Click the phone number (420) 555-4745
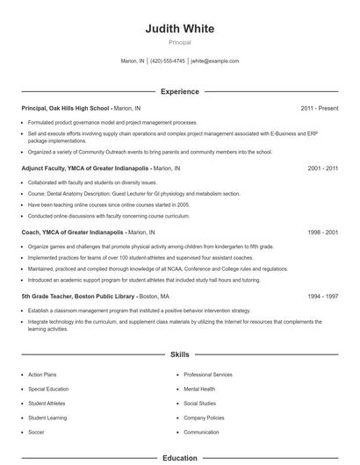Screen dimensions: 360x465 (x=168, y=61)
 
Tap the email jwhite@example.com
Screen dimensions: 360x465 (x=214, y=61)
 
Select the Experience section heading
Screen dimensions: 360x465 (x=179, y=91)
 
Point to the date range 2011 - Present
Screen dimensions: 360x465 (x=320, y=108)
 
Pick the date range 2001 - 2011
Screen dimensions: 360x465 (x=322, y=168)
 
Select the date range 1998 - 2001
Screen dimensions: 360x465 (x=322, y=232)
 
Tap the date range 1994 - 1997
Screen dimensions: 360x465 (x=322, y=297)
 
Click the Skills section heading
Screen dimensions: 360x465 (x=179, y=354)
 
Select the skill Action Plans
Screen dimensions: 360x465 (x=42, y=375)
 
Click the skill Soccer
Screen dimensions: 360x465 (x=37, y=432)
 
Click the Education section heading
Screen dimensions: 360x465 (x=179, y=457)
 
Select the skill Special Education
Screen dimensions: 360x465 (x=48, y=389)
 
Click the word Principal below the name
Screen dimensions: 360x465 (x=179, y=42)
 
